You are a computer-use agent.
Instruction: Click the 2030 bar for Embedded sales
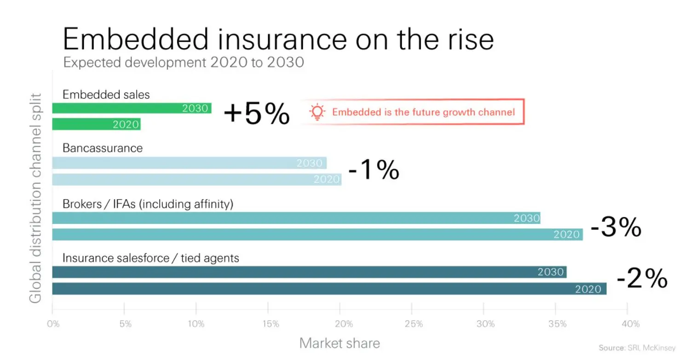pos(132,109)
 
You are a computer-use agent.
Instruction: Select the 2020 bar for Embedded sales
pos(96,124)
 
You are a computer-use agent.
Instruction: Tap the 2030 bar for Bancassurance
pos(189,163)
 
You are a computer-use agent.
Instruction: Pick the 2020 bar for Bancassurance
pos(196,179)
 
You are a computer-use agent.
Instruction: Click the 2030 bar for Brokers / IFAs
pos(296,218)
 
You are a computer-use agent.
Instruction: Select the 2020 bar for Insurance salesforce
pos(329,289)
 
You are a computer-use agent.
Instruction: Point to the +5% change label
pos(257,114)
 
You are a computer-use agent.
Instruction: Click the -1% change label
pos(374,171)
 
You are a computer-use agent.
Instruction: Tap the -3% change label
pos(615,227)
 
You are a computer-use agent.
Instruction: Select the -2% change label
pos(642,279)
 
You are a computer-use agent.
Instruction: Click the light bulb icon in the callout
pos(317,112)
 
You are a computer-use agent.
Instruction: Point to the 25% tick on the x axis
pos(413,324)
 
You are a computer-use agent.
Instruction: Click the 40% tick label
pos(630,324)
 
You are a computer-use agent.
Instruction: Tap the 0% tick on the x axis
pos(53,324)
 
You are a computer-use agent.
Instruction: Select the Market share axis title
pos(339,343)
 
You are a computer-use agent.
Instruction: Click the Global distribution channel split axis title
pos(35,198)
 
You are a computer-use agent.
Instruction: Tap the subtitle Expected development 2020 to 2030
pos(184,62)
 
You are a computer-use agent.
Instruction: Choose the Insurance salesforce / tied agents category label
pos(151,258)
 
